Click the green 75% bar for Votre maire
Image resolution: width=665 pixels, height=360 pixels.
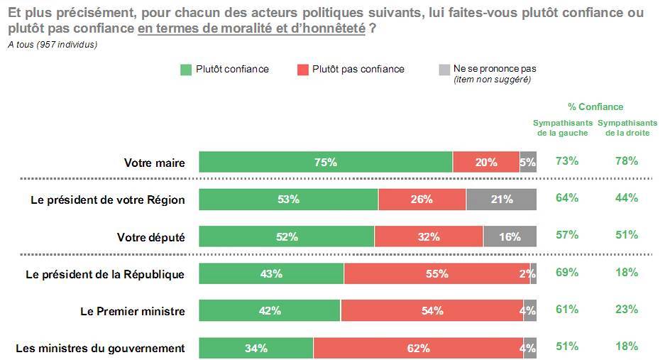326,162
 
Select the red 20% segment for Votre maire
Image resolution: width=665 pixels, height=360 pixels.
486,162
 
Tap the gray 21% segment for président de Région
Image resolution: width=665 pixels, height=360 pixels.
501,200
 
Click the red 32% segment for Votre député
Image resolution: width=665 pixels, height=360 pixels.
429,236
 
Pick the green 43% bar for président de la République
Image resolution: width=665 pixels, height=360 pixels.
271,273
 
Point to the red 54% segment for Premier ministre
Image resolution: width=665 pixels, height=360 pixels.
432,310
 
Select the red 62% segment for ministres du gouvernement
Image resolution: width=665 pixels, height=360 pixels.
418,348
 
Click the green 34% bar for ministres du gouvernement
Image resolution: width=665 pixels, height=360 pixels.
255,348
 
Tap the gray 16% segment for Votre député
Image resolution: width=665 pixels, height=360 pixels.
510,236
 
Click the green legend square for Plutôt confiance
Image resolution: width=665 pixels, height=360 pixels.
186,70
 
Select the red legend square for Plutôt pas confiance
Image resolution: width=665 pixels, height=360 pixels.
302,70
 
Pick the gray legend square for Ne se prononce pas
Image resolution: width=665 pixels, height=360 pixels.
444,70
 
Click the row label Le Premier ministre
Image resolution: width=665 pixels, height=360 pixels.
132,311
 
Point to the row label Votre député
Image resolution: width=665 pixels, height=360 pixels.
150,237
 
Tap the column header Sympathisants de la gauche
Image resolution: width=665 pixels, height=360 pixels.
562,128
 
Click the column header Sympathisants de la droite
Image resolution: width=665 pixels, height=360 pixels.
627,128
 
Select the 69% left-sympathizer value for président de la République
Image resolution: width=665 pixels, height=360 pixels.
567,273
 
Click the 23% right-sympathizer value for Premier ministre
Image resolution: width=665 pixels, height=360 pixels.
627,310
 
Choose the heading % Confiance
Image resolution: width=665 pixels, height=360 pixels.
595,107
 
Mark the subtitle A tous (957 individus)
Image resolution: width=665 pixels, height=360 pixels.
53,45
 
